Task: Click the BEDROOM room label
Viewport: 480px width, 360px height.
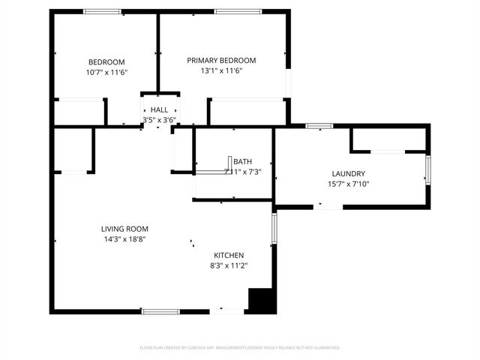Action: (x=106, y=61)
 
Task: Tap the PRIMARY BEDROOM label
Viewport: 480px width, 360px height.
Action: (x=221, y=61)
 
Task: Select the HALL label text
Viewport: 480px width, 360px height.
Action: (x=159, y=109)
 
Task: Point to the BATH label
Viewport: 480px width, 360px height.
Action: (x=242, y=161)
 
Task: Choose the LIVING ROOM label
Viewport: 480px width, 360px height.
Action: (x=124, y=229)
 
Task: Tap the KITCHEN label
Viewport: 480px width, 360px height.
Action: (x=229, y=255)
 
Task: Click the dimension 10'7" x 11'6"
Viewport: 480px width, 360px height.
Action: (x=106, y=72)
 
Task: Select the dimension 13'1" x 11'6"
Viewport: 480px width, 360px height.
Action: (x=221, y=71)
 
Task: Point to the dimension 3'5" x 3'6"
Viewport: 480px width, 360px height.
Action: (x=159, y=119)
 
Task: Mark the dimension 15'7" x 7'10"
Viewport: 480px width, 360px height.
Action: (x=348, y=184)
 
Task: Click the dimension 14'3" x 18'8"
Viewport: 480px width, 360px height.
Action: (x=124, y=239)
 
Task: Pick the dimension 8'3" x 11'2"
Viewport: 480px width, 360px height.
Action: (x=229, y=265)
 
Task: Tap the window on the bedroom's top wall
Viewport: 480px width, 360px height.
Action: (x=103, y=11)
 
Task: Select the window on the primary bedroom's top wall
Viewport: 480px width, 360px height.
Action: (x=238, y=11)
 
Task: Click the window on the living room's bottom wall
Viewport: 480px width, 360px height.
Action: (x=160, y=310)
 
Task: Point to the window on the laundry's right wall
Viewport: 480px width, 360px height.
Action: (x=428, y=169)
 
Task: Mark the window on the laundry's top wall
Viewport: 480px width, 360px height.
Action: (x=319, y=125)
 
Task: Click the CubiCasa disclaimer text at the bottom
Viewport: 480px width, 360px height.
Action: (x=240, y=348)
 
